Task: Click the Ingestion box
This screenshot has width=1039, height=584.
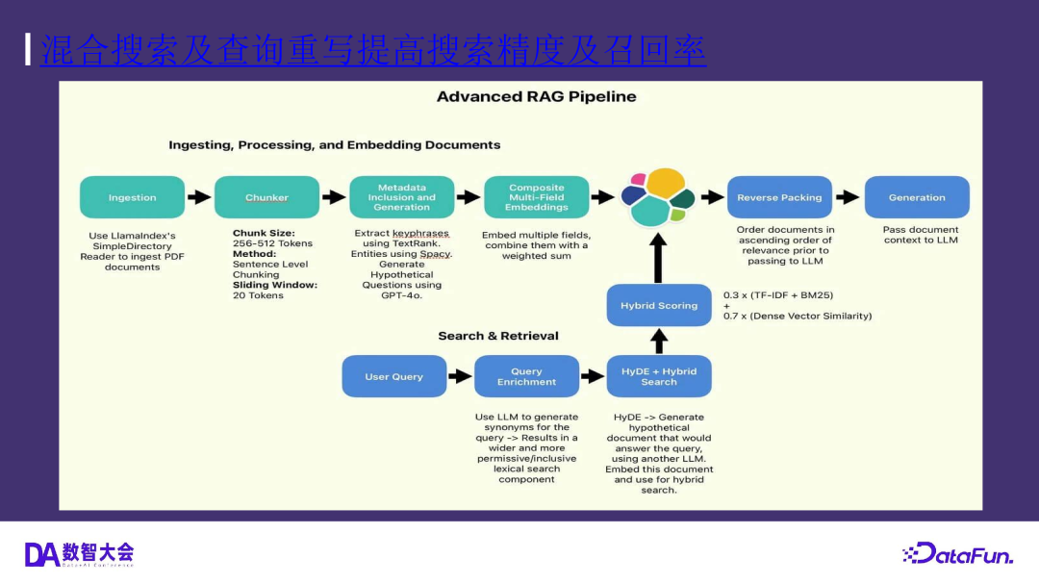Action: click(132, 197)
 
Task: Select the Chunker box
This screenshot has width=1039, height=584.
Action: click(266, 197)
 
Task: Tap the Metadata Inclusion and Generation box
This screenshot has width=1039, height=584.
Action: click(401, 197)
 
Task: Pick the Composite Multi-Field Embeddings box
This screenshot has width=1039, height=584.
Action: click(537, 197)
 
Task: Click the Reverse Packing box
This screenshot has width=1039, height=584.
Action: click(779, 197)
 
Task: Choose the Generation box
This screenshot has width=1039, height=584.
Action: click(917, 197)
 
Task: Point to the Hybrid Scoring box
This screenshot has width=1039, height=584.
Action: click(659, 305)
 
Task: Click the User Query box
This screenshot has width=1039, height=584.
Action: click(394, 376)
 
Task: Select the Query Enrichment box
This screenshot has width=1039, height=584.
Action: click(526, 376)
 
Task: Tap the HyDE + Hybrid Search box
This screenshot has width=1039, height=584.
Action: click(659, 376)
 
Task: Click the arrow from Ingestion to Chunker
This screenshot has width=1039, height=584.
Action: click(199, 197)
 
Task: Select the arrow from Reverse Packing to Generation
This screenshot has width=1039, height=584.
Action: click(848, 197)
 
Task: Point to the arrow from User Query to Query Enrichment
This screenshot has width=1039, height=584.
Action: click(461, 376)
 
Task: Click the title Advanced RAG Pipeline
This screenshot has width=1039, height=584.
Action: click(536, 96)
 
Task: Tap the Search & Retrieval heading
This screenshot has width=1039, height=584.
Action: click(498, 336)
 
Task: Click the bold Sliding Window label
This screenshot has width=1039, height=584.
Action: click(275, 285)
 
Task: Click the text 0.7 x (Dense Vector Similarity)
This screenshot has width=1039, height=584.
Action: click(798, 316)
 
